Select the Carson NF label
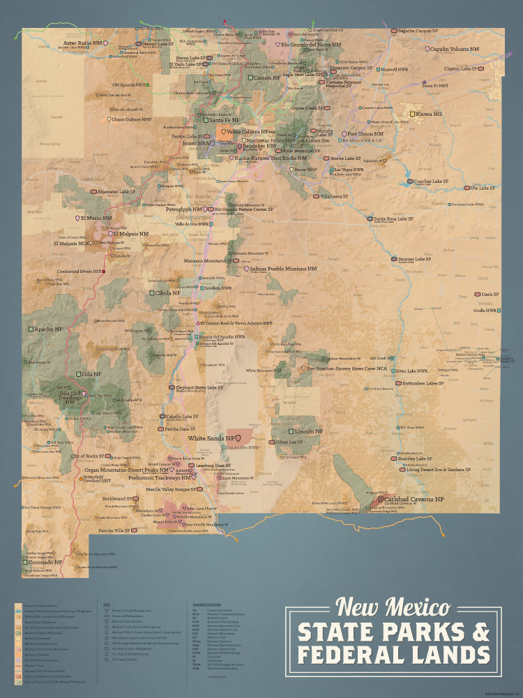click(271, 77)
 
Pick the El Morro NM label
click(96, 218)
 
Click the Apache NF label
click(49, 329)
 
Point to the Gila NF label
click(91, 374)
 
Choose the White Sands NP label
click(210, 438)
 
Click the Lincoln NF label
click(308, 431)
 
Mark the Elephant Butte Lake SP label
click(204, 387)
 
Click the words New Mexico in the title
click(393, 607)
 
